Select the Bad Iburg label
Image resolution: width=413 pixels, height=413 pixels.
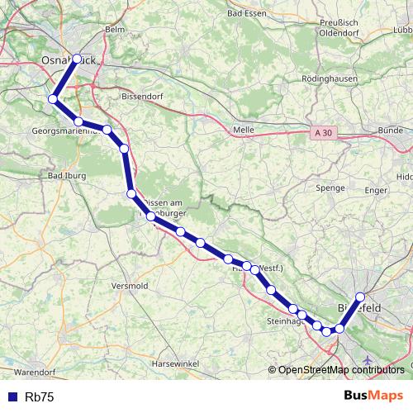(66, 175)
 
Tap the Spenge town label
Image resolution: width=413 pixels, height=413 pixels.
(330, 188)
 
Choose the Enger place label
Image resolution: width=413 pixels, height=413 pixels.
(376, 190)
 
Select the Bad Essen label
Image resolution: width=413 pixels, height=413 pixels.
(245, 15)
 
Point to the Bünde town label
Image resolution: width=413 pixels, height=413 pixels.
(389, 131)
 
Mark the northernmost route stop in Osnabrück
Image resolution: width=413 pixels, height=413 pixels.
(78, 59)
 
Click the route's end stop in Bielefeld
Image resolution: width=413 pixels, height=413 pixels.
(360, 297)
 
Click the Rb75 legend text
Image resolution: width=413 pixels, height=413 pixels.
(39, 396)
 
